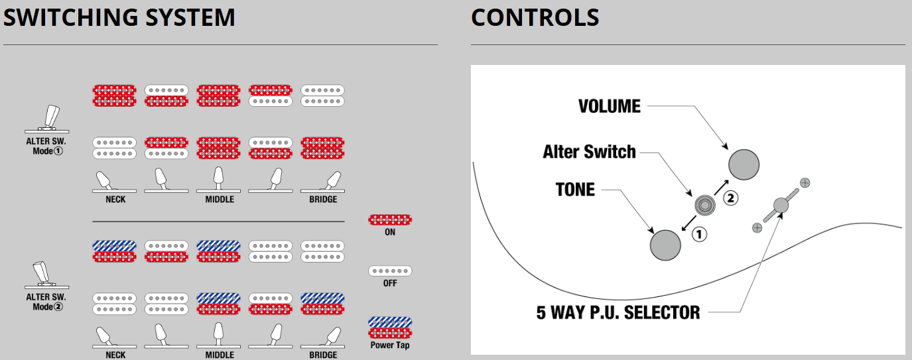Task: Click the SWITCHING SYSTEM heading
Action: click(119, 17)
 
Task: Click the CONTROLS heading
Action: click(535, 17)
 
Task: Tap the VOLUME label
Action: click(610, 106)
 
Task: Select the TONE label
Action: click(575, 190)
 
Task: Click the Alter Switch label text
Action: click(589, 152)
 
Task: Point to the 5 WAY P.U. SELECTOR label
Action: click(618, 312)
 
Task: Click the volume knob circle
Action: click(744, 164)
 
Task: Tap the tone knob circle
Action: click(665, 245)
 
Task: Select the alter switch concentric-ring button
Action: click(705, 205)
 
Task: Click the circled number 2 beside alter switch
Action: click(731, 198)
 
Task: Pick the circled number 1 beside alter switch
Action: click(700, 234)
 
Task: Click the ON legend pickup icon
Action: click(390, 220)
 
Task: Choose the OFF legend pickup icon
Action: click(390, 271)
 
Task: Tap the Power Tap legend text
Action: click(390, 345)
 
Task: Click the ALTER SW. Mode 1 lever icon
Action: click(47, 119)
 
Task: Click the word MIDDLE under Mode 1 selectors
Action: click(220, 200)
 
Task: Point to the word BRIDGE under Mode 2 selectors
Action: click(323, 355)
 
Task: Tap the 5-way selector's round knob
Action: click(781, 205)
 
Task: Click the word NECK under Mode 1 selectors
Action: click(115, 200)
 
